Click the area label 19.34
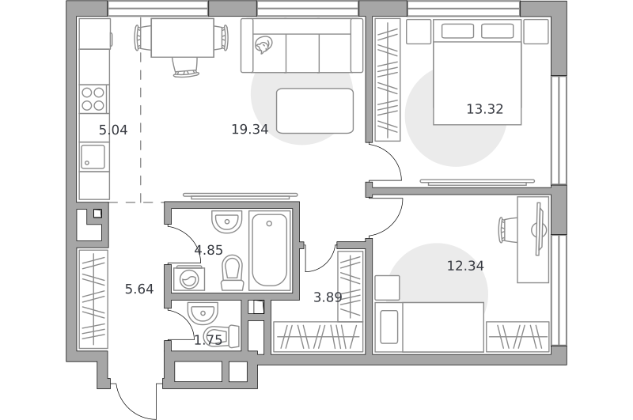[249, 129]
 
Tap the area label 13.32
[484, 109]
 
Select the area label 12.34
[465, 266]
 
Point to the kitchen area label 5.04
[113, 130]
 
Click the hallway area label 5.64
[139, 289]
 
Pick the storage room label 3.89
[328, 297]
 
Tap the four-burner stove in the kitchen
[93, 99]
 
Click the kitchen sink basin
[93, 157]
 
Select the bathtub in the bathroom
[269, 250]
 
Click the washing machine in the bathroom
[188, 278]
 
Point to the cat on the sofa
[263, 44]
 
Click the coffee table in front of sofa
[315, 111]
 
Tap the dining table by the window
[183, 37]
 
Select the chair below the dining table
[186, 67]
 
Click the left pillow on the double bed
[457, 31]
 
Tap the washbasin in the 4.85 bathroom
[226, 221]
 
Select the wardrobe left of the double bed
[388, 80]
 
